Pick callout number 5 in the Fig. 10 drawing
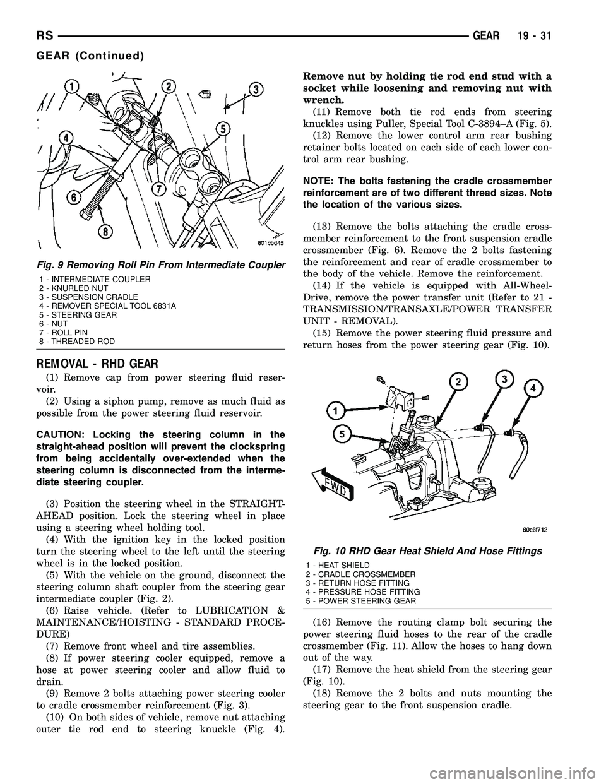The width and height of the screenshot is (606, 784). pos(340,434)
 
